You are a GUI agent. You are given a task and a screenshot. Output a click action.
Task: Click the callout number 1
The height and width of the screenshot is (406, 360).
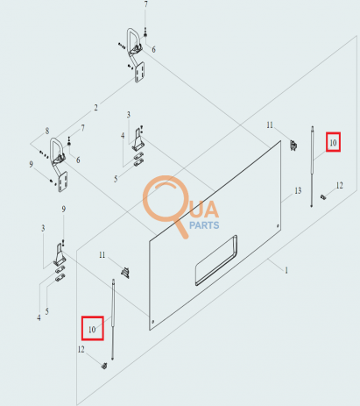point(286,270)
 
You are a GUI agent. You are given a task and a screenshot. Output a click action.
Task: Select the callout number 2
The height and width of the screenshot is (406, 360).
point(95,108)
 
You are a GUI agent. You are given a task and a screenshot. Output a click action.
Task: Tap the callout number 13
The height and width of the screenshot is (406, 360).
point(298,191)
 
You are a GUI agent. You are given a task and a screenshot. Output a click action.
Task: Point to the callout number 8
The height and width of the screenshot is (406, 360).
point(47,131)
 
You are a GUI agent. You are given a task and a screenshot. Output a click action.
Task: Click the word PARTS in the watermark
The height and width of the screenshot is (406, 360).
point(204,225)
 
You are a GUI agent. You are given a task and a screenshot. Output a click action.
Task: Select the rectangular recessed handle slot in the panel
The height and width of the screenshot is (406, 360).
point(216,260)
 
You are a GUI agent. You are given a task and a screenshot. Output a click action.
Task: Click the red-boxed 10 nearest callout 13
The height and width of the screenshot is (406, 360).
point(333,142)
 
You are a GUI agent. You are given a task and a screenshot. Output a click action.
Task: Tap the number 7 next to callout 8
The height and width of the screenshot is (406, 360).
point(83,128)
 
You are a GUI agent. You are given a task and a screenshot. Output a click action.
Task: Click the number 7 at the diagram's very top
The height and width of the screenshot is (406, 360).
point(146,4)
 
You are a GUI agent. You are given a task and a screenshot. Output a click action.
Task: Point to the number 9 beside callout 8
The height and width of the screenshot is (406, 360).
point(31,164)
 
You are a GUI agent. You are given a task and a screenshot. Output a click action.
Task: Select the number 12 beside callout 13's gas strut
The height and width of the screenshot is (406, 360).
point(339,186)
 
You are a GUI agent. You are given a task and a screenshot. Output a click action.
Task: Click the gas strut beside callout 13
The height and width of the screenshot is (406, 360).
point(312,167)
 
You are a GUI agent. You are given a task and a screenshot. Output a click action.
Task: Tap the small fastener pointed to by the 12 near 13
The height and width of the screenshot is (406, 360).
point(323,197)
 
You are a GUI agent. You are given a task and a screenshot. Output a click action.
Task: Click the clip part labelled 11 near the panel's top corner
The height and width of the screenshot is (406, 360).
point(293,145)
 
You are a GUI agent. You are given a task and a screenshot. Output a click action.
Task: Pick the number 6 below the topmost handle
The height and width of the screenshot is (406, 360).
point(153,50)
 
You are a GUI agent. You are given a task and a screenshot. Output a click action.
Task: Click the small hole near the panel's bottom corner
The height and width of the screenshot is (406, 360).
point(153,322)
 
